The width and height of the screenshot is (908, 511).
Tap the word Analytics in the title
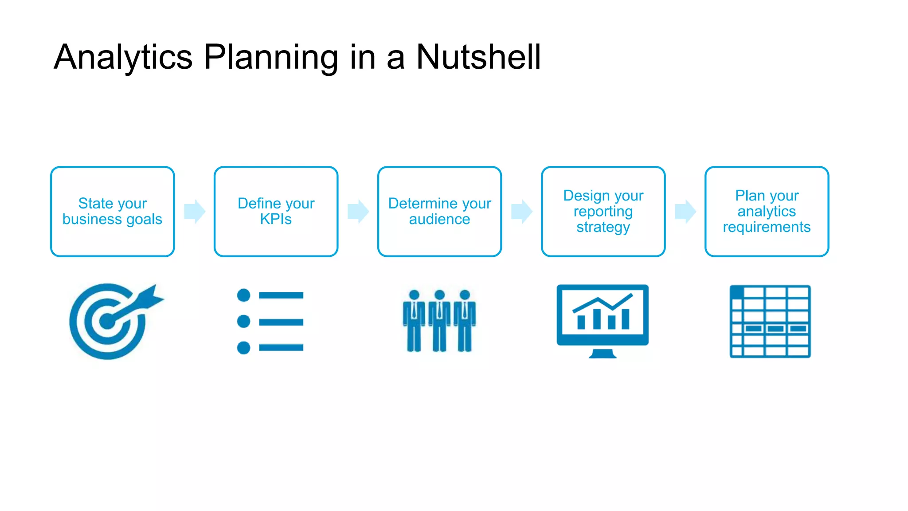click(x=123, y=58)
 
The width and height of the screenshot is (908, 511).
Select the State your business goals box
click(x=112, y=211)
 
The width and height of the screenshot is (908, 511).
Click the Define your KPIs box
click(x=276, y=211)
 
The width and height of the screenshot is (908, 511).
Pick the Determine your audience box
click(x=439, y=211)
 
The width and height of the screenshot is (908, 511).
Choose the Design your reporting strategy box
click(x=603, y=211)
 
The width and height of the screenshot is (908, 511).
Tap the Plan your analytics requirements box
click(x=767, y=211)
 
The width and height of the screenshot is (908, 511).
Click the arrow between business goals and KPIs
click(x=195, y=211)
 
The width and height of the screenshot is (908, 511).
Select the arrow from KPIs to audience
click(x=358, y=211)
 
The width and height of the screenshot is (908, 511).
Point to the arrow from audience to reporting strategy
click(x=522, y=211)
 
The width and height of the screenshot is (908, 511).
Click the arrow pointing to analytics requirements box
click(x=685, y=211)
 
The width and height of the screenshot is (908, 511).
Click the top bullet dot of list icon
click(x=243, y=295)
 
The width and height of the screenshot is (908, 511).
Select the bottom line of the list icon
click(x=281, y=347)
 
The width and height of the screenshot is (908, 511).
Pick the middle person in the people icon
click(x=439, y=320)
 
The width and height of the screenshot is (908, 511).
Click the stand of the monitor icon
click(x=603, y=354)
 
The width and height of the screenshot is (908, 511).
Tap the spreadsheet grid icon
click(x=770, y=321)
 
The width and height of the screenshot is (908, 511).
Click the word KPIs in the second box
click(x=276, y=219)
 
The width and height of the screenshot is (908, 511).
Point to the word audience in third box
click(x=439, y=219)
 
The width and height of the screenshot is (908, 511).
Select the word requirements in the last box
click(x=767, y=227)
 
